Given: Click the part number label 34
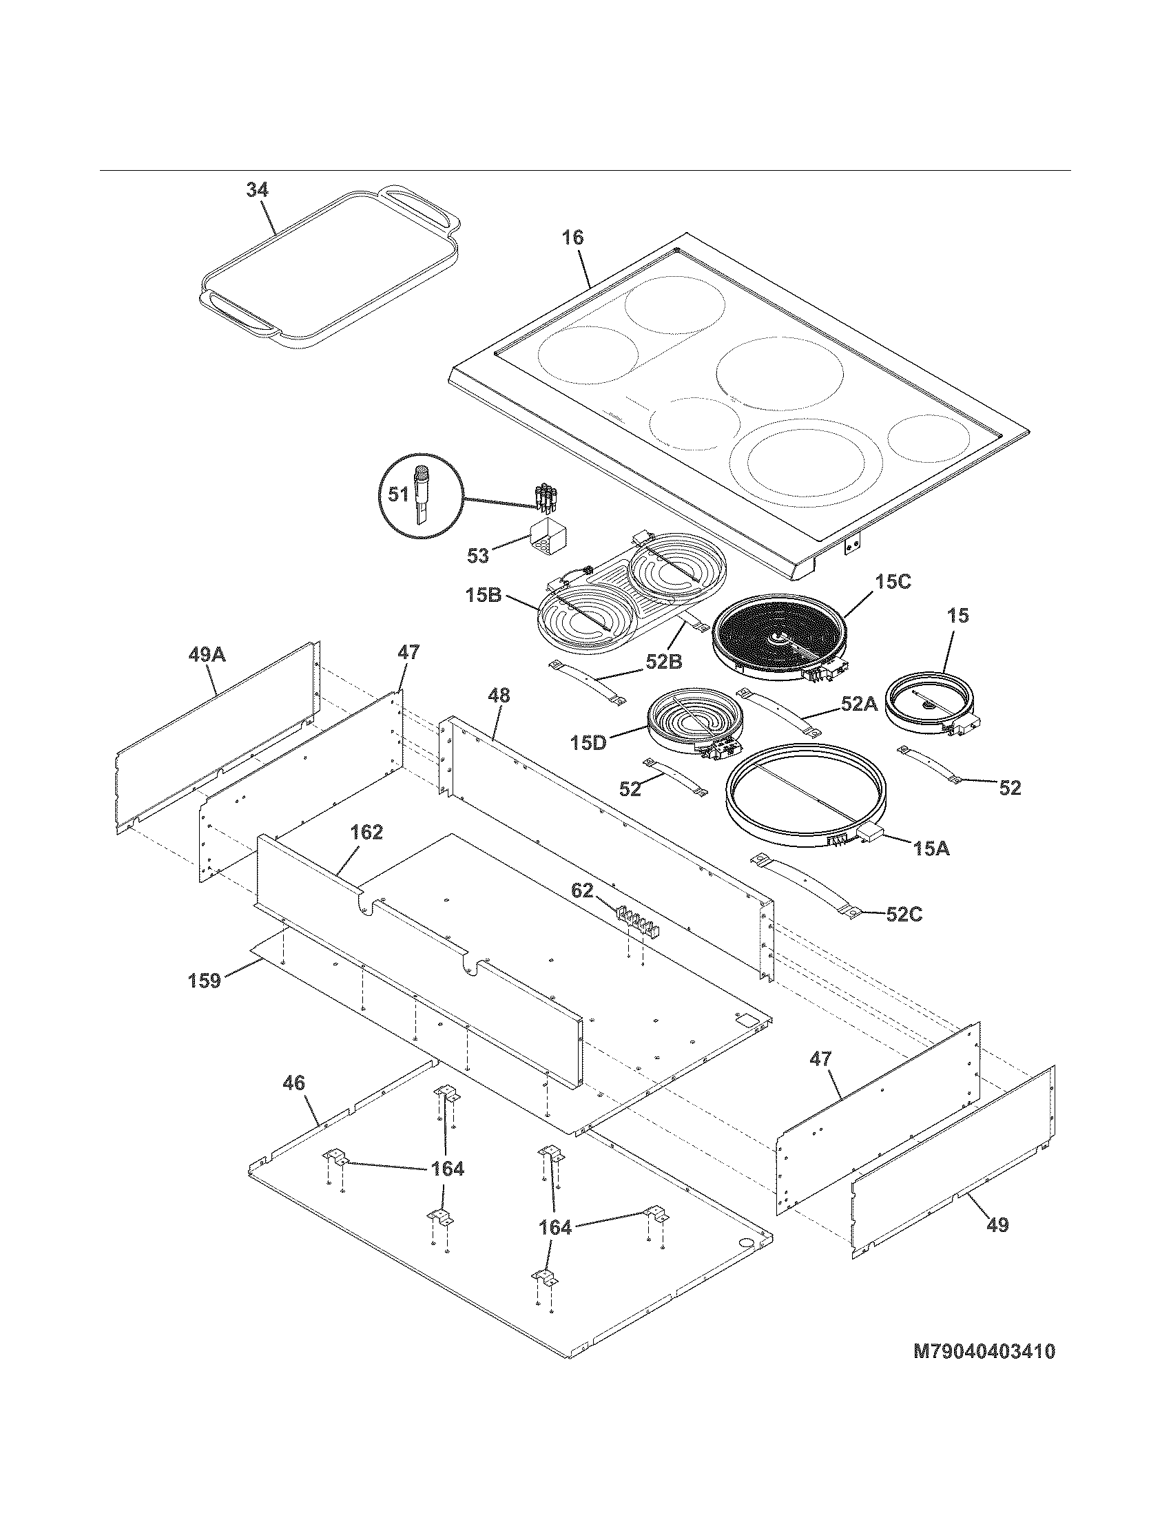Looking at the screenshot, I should pyautogui.click(x=258, y=190).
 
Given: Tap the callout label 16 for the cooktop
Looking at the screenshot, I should pyautogui.click(x=572, y=238).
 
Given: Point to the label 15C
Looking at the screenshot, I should pyautogui.click(x=892, y=582).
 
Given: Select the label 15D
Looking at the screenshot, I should pyautogui.click(x=588, y=742).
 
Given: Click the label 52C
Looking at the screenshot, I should pyautogui.click(x=904, y=914).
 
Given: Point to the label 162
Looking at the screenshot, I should pyautogui.click(x=366, y=832).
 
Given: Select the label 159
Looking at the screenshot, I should pyautogui.click(x=205, y=980).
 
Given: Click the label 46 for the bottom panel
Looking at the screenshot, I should pyautogui.click(x=294, y=1082).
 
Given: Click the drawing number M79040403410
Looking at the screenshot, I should pyautogui.click(x=984, y=1351).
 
